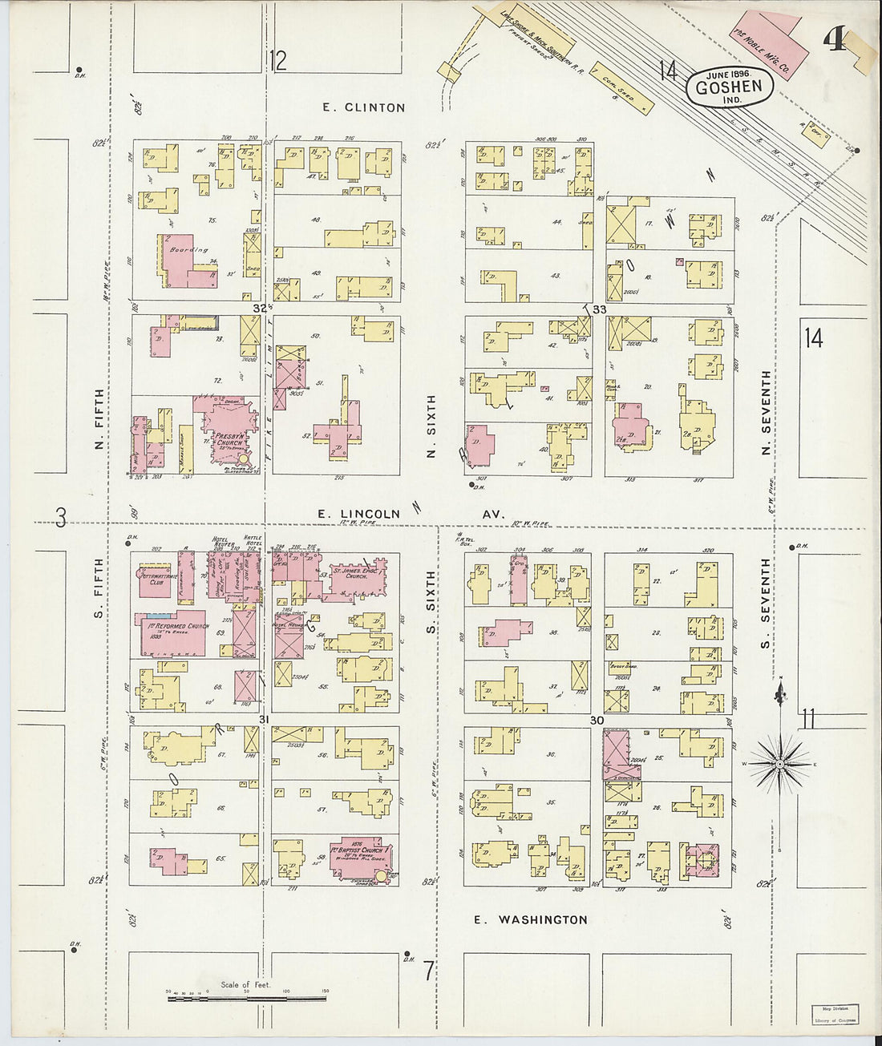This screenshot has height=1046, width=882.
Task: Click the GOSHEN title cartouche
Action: [729, 84]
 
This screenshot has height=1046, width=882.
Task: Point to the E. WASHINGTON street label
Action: [530, 919]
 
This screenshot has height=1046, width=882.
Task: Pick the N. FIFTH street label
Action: [99, 419]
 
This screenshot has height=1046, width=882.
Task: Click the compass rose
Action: [779, 765]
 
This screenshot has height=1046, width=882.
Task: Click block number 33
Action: [600, 309]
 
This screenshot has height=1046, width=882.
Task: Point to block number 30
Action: [596, 721]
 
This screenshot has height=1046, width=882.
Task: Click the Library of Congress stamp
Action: [836, 1016]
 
